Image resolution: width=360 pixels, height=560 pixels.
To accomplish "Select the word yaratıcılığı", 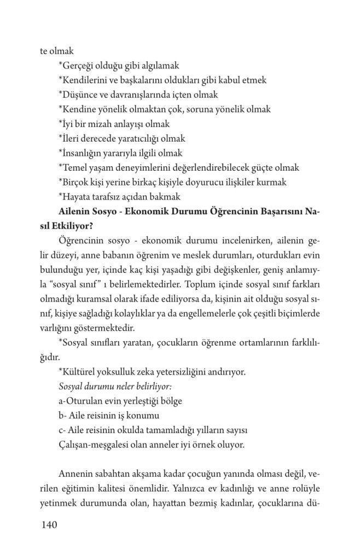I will (144, 138).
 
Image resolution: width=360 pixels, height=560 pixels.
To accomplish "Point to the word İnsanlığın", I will (80, 153).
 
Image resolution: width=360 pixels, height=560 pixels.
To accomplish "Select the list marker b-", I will (62, 415).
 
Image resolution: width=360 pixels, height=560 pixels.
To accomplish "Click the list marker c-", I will (61, 429).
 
